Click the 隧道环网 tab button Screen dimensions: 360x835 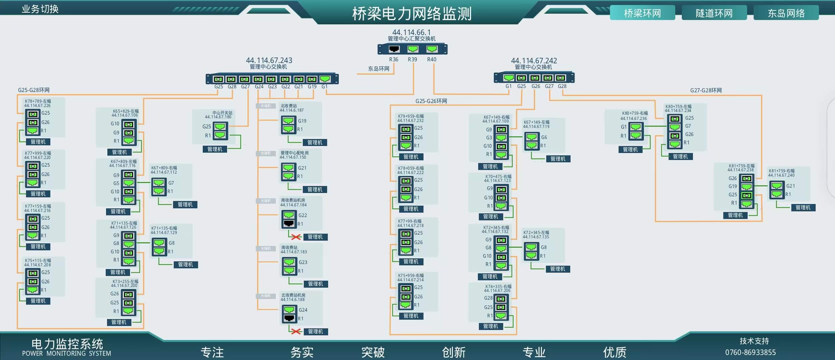[714, 13]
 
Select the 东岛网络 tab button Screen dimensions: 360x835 [786, 13]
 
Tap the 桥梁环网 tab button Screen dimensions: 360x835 [642, 13]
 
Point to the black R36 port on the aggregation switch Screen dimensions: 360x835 [394, 49]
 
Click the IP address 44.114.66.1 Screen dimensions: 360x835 [411, 32]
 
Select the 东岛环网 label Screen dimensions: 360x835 [378, 69]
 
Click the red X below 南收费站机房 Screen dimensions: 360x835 [296, 237]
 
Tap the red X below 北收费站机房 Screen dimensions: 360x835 [296, 331]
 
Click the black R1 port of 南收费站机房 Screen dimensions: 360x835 [289, 223]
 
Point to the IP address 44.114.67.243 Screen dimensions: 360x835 [269, 60]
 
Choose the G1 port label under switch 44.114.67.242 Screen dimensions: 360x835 [508, 86]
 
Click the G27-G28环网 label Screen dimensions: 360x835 [706, 90]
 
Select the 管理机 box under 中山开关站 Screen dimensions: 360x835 [215, 149]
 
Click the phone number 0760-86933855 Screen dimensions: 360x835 [750, 352]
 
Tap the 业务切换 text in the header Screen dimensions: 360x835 [40, 9]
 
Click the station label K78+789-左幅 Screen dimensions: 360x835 [38, 101]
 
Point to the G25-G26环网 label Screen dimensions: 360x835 [431, 101]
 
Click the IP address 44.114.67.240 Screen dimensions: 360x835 [781, 175]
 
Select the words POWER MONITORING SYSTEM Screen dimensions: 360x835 [66, 353]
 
